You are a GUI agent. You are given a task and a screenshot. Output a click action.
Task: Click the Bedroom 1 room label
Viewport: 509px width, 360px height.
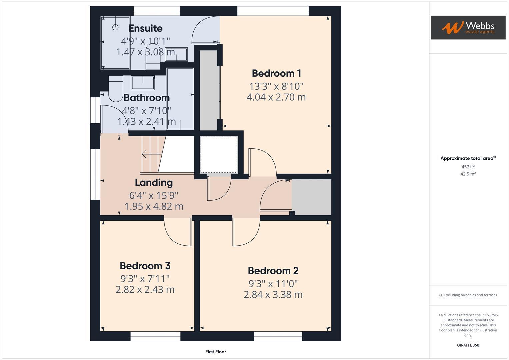click(x=276, y=73)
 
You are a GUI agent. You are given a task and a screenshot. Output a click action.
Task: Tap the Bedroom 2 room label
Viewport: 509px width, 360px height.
click(x=273, y=270)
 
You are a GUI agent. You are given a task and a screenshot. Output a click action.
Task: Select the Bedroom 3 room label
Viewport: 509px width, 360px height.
click(x=145, y=266)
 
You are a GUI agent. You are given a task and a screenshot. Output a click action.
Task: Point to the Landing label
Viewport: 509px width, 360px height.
click(x=154, y=182)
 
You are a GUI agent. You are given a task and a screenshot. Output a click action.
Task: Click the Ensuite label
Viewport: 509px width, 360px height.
click(x=146, y=28)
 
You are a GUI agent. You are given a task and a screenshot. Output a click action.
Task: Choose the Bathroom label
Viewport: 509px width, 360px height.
click(x=147, y=98)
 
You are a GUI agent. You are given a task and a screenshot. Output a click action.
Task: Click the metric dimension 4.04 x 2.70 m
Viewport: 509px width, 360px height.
click(x=276, y=97)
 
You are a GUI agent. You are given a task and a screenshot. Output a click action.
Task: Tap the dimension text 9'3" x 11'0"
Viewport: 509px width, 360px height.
click(x=273, y=284)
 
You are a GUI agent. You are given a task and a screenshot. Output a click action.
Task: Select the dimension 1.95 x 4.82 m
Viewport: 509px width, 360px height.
click(x=154, y=206)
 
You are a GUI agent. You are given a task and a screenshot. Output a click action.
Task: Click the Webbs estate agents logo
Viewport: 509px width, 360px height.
click(x=468, y=27)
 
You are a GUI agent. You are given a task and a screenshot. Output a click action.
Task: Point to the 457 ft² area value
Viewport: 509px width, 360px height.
click(x=468, y=167)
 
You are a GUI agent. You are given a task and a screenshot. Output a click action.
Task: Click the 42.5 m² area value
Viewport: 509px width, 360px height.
click(x=468, y=174)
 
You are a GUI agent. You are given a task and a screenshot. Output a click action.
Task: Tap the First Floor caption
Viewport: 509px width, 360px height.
click(x=216, y=352)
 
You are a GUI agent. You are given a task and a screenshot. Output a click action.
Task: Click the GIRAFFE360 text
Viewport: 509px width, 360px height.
click(x=468, y=345)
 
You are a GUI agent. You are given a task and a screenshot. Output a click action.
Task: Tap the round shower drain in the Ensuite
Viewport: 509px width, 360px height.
click(x=116, y=27)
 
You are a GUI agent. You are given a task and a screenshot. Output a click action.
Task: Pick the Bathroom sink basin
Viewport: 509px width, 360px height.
click(x=143, y=83)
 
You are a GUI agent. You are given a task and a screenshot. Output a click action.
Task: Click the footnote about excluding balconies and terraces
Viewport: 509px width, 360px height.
click(x=468, y=295)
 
